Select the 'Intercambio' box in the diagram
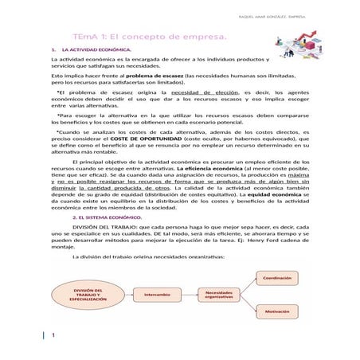[157, 294]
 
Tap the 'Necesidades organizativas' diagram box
[219, 294]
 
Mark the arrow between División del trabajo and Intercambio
[127, 294]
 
